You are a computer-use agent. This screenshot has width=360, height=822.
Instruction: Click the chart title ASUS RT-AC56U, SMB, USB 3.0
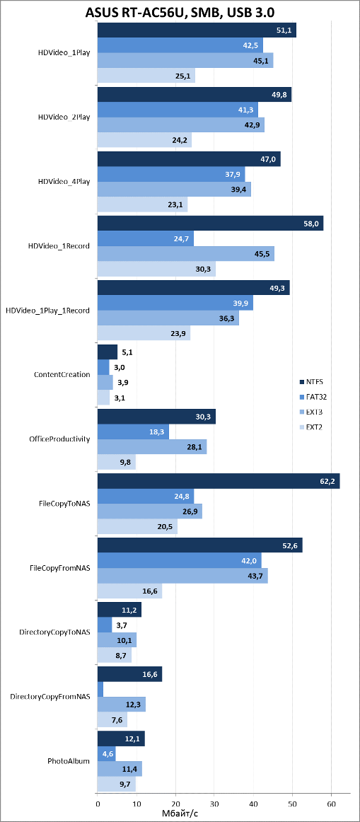180,11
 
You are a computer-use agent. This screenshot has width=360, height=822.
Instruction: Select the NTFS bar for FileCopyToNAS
219,481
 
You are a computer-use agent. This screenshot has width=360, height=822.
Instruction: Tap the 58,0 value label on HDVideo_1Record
310,224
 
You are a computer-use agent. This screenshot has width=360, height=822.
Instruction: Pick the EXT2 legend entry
310,426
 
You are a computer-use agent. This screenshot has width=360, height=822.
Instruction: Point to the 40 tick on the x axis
253,803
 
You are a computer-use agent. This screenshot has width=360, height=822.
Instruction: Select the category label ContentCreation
62,374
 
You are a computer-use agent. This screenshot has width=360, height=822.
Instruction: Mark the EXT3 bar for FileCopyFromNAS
183,576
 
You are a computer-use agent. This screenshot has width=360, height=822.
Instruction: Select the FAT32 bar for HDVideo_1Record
146,238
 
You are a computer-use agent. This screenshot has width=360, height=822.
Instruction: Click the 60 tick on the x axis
331,803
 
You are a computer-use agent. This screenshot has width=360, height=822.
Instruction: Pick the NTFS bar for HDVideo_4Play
189,159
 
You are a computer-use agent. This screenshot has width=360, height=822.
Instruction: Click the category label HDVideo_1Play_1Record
47,311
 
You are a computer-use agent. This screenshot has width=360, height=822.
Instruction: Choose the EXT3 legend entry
310,411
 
